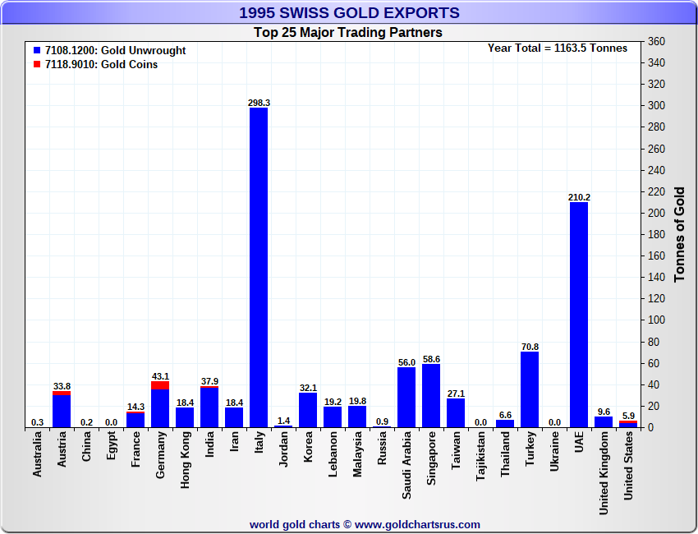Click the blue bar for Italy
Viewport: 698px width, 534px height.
tap(259, 267)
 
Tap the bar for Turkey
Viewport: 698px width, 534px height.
tap(530, 389)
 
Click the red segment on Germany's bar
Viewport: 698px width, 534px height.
tap(160, 384)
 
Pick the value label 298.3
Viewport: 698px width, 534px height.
tap(259, 103)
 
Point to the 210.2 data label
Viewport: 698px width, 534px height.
tap(579, 197)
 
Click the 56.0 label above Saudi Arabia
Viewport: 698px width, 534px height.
tap(406, 361)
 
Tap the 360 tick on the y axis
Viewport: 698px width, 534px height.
tap(656, 42)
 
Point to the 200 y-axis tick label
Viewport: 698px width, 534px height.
tap(656, 213)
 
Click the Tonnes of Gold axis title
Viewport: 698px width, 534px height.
tap(679, 234)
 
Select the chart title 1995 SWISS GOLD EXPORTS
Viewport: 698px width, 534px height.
tap(349, 13)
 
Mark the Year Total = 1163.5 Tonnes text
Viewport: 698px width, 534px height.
tap(558, 48)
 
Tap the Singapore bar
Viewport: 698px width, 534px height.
tap(431, 395)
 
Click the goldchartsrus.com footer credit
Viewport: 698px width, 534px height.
tap(365, 524)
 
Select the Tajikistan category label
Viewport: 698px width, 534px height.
tap(480, 465)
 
